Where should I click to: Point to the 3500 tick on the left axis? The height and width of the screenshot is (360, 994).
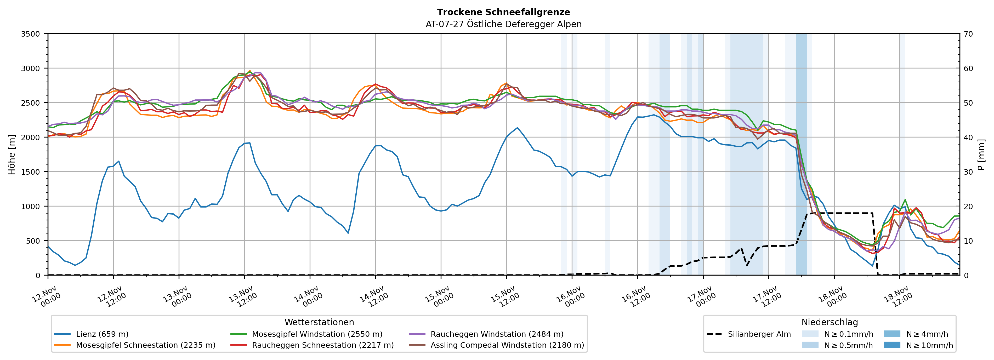(31, 34)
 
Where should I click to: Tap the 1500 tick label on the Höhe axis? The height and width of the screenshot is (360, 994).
(31, 172)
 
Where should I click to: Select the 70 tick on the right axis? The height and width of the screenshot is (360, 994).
(968, 34)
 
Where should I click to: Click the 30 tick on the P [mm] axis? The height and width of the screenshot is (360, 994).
(968, 172)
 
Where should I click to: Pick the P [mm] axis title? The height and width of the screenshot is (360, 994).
(981, 154)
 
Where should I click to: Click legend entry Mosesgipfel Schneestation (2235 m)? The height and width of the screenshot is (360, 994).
(145, 345)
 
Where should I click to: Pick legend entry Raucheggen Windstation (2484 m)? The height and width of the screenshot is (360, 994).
(497, 334)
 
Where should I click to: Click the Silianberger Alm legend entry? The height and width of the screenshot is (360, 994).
(759, 334)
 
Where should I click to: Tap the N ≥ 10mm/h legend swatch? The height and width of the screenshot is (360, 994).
(892, 345)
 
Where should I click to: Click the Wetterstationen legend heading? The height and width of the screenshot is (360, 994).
(319, 322)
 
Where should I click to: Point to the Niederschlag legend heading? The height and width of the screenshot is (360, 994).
(829, 322)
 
